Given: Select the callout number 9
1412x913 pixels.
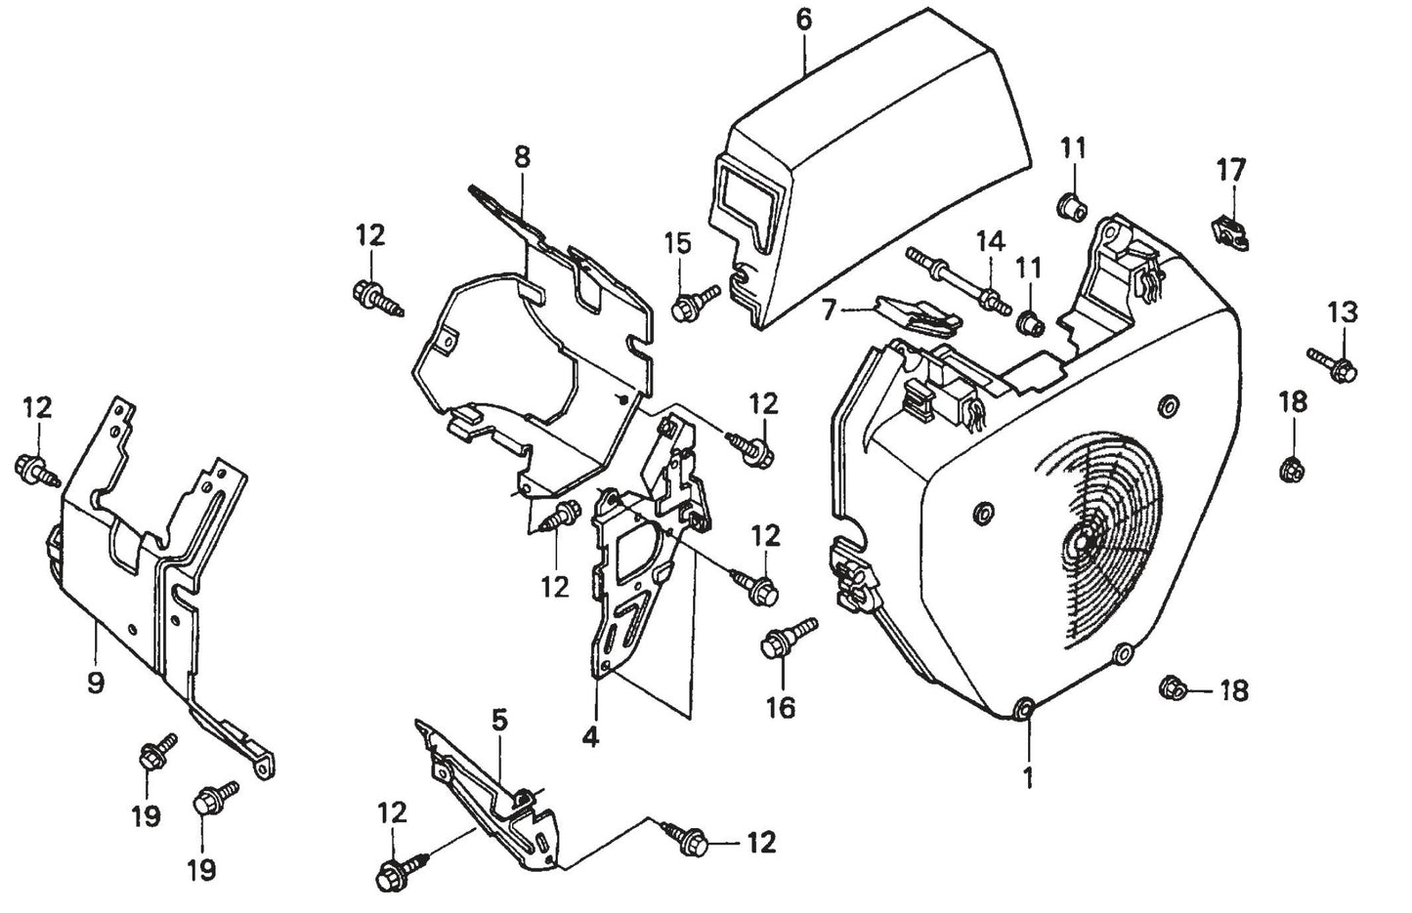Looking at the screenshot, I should [95, 683].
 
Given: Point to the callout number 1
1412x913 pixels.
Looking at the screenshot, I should [1027, 777].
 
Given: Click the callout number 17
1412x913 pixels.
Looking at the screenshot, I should [1231, 170].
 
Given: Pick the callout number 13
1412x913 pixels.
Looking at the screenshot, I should [1342, 312].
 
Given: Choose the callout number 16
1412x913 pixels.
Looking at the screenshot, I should [780, 707].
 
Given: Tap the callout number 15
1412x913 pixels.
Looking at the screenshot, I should [678, 242].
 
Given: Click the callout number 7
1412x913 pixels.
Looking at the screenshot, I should [829, 311].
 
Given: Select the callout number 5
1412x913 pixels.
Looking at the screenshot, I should [499, 721].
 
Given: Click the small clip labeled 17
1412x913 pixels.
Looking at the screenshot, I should [1233, 232].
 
